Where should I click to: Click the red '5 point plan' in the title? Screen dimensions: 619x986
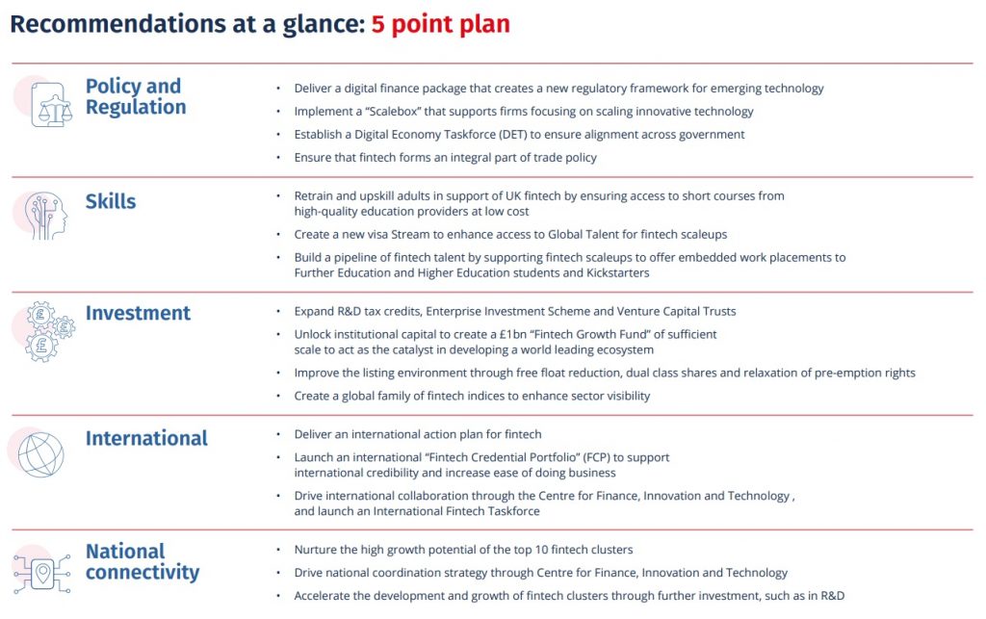coord(440,23)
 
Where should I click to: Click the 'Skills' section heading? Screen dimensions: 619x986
coord(111,201)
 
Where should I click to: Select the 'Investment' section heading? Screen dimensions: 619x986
coord(138,313)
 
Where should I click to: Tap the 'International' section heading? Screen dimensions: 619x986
coord(146,438)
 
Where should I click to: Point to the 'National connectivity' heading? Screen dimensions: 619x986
coord(142,561)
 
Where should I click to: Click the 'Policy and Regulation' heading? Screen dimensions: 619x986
coord(135,96)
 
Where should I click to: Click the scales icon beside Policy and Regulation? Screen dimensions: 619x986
coord(50,104)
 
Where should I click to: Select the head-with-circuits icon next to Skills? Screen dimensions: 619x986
coord(47,216)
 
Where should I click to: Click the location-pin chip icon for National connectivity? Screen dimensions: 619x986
coord(42,574)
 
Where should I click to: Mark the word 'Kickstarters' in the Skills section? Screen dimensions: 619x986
coord(615,272)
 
